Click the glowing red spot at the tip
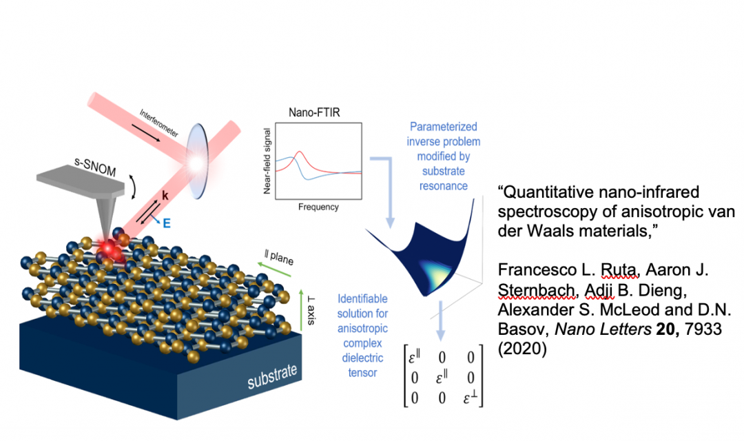pos(109,249)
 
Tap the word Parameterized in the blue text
pos(443,127)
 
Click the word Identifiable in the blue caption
pos(363,299)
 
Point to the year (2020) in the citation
pos(521,349)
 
